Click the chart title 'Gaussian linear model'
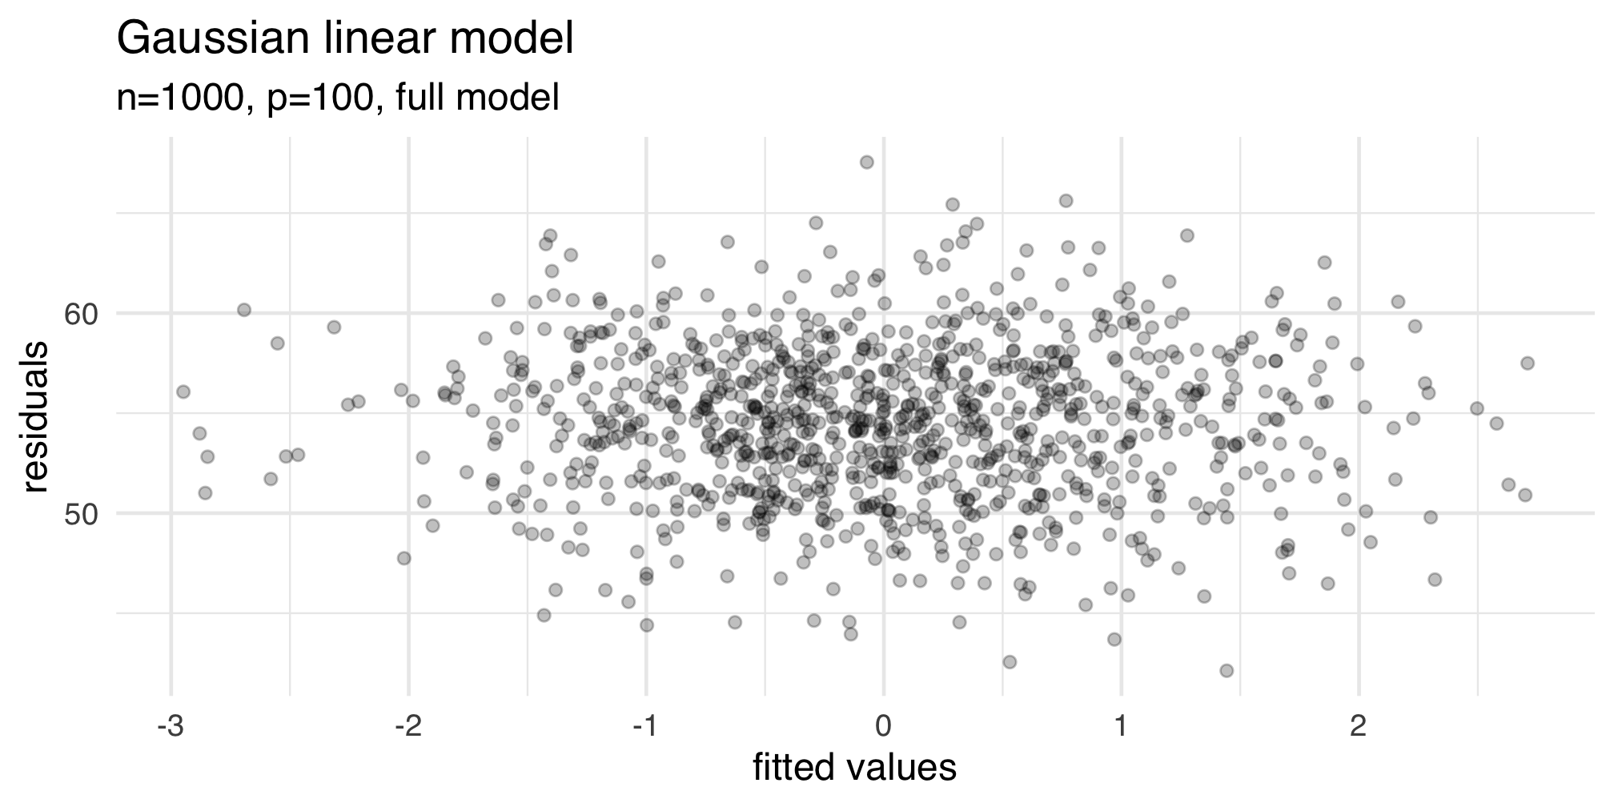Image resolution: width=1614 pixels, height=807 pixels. point(345,39)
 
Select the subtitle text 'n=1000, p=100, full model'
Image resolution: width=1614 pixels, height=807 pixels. point(337,98)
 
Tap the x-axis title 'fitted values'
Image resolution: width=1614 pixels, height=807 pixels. point(854,768)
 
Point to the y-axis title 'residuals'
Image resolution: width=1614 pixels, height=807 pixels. point(36,417)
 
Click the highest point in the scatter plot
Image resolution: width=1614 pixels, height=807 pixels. point(866,163)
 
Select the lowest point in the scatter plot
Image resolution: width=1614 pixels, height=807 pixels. point(1226,670)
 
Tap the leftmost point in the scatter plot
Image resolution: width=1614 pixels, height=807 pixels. point(183,391)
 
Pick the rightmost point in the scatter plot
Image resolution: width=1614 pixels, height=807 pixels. point(1527,363)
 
